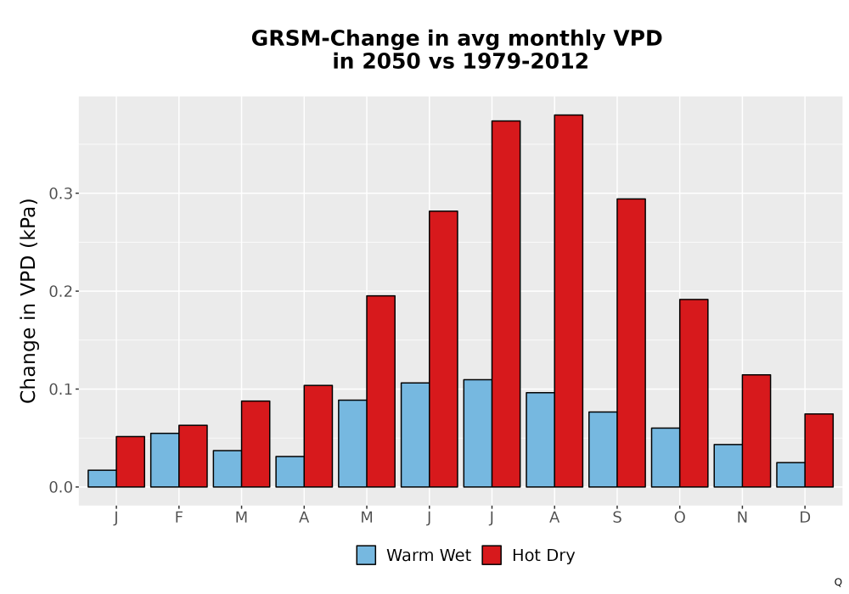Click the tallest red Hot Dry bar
coord(569,300)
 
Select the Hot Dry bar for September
coord(632,343)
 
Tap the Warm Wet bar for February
coord(165,460)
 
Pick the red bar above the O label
coord(694,393)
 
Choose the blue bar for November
coord(728,466)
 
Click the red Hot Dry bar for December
coord(818,451)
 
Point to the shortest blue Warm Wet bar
coord(102,479)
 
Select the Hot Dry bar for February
coord(193,456)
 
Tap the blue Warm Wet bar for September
coord(603,450)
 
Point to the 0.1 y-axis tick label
coord(60,389)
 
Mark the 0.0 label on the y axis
coord(60,487)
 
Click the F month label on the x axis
coord(178,518)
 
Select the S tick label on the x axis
coord(616,518)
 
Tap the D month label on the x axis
coord(805,518)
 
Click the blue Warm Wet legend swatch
coord(366,555)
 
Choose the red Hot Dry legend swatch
coord(492,555)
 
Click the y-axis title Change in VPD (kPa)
coord(28,301)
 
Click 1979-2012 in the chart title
coord(526,61)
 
